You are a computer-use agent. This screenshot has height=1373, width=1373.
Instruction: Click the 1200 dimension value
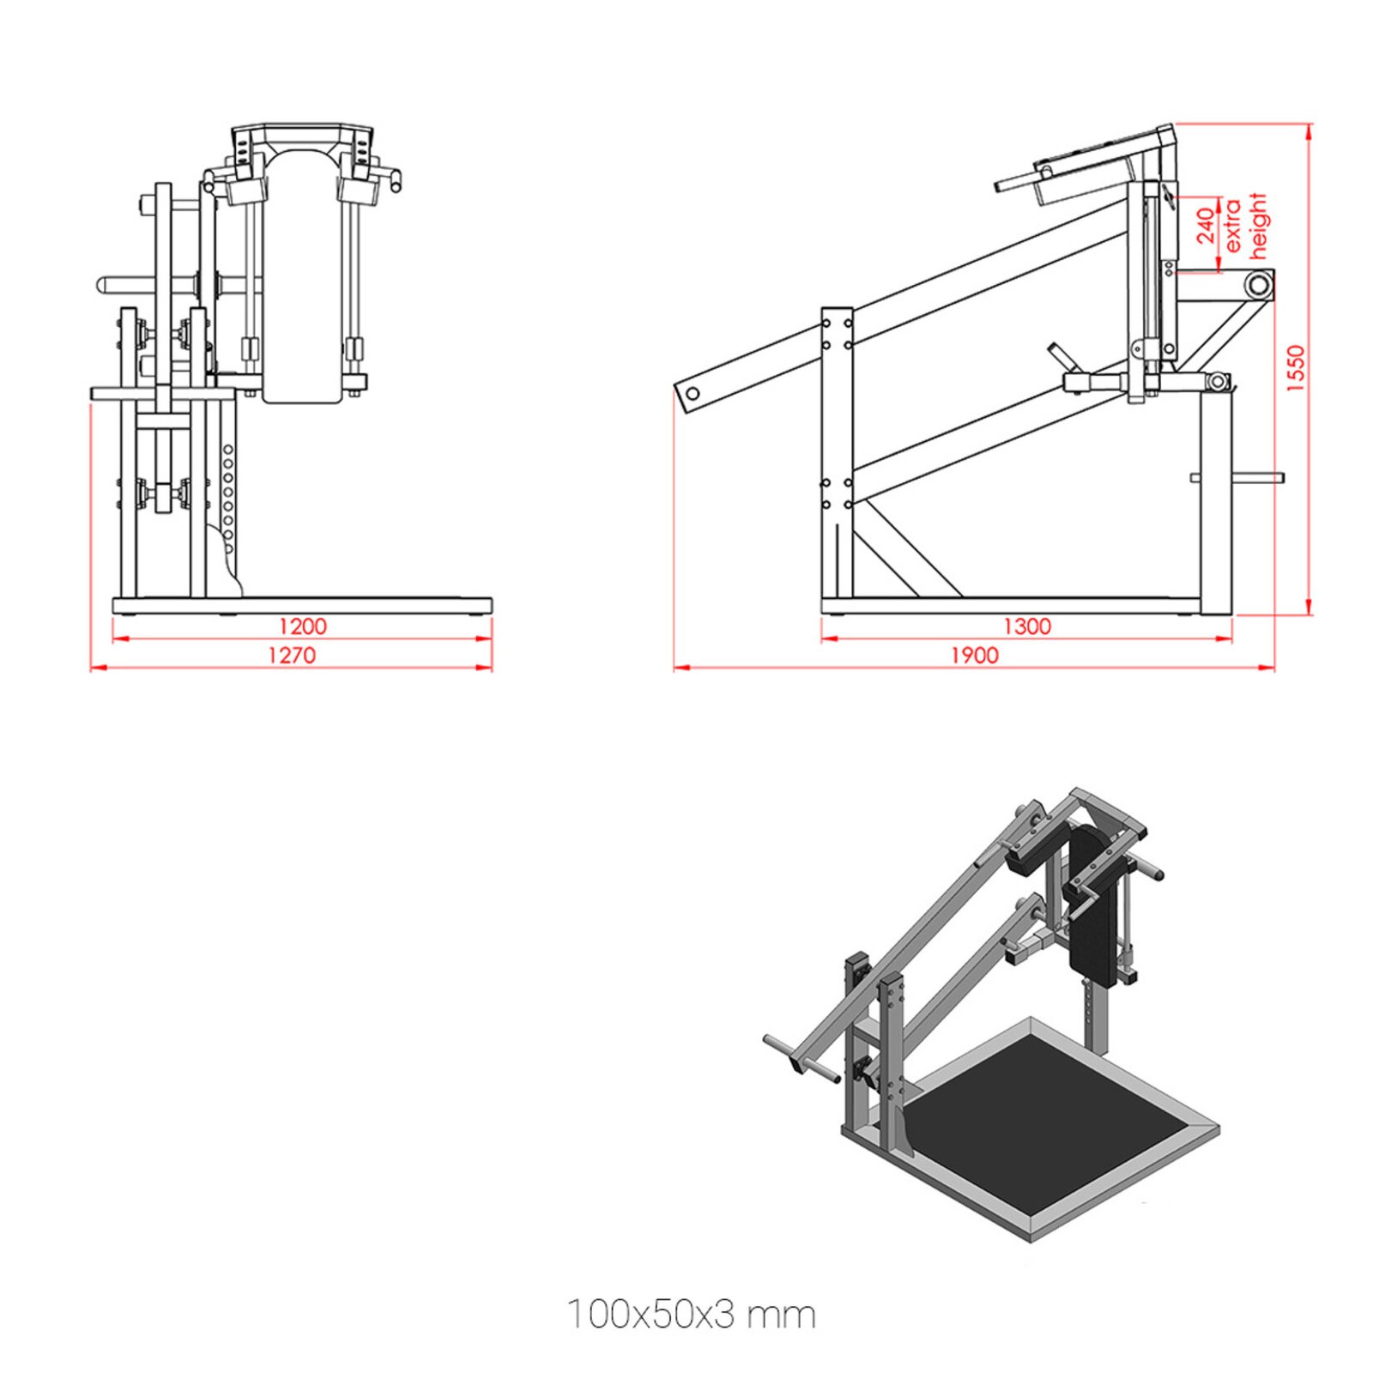[x=302, y=626]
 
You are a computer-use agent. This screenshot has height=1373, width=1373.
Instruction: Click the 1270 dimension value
[x=292, y=655]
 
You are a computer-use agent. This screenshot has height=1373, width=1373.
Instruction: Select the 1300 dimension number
[x=1026, y=626]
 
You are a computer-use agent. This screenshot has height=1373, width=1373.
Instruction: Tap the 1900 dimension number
[x=974, y=655]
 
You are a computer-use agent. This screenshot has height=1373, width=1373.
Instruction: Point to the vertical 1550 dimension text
[x=1295, y=368]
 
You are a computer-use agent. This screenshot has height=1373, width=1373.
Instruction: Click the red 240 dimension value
[x=1207, y=225]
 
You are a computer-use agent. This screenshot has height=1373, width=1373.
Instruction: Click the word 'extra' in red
[x=1232, y=225]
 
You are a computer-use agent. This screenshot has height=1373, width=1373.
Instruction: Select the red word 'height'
[x=1257, y=225]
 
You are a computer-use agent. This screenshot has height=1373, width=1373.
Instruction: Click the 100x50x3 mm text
[x=691, y=1314]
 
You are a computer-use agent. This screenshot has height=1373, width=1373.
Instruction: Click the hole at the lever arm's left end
[x=693, y=394]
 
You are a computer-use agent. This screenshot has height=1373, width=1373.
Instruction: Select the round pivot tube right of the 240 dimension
[x=1258, y=284]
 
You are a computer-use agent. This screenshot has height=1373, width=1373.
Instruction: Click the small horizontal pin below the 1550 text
[x=1258, y=477]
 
